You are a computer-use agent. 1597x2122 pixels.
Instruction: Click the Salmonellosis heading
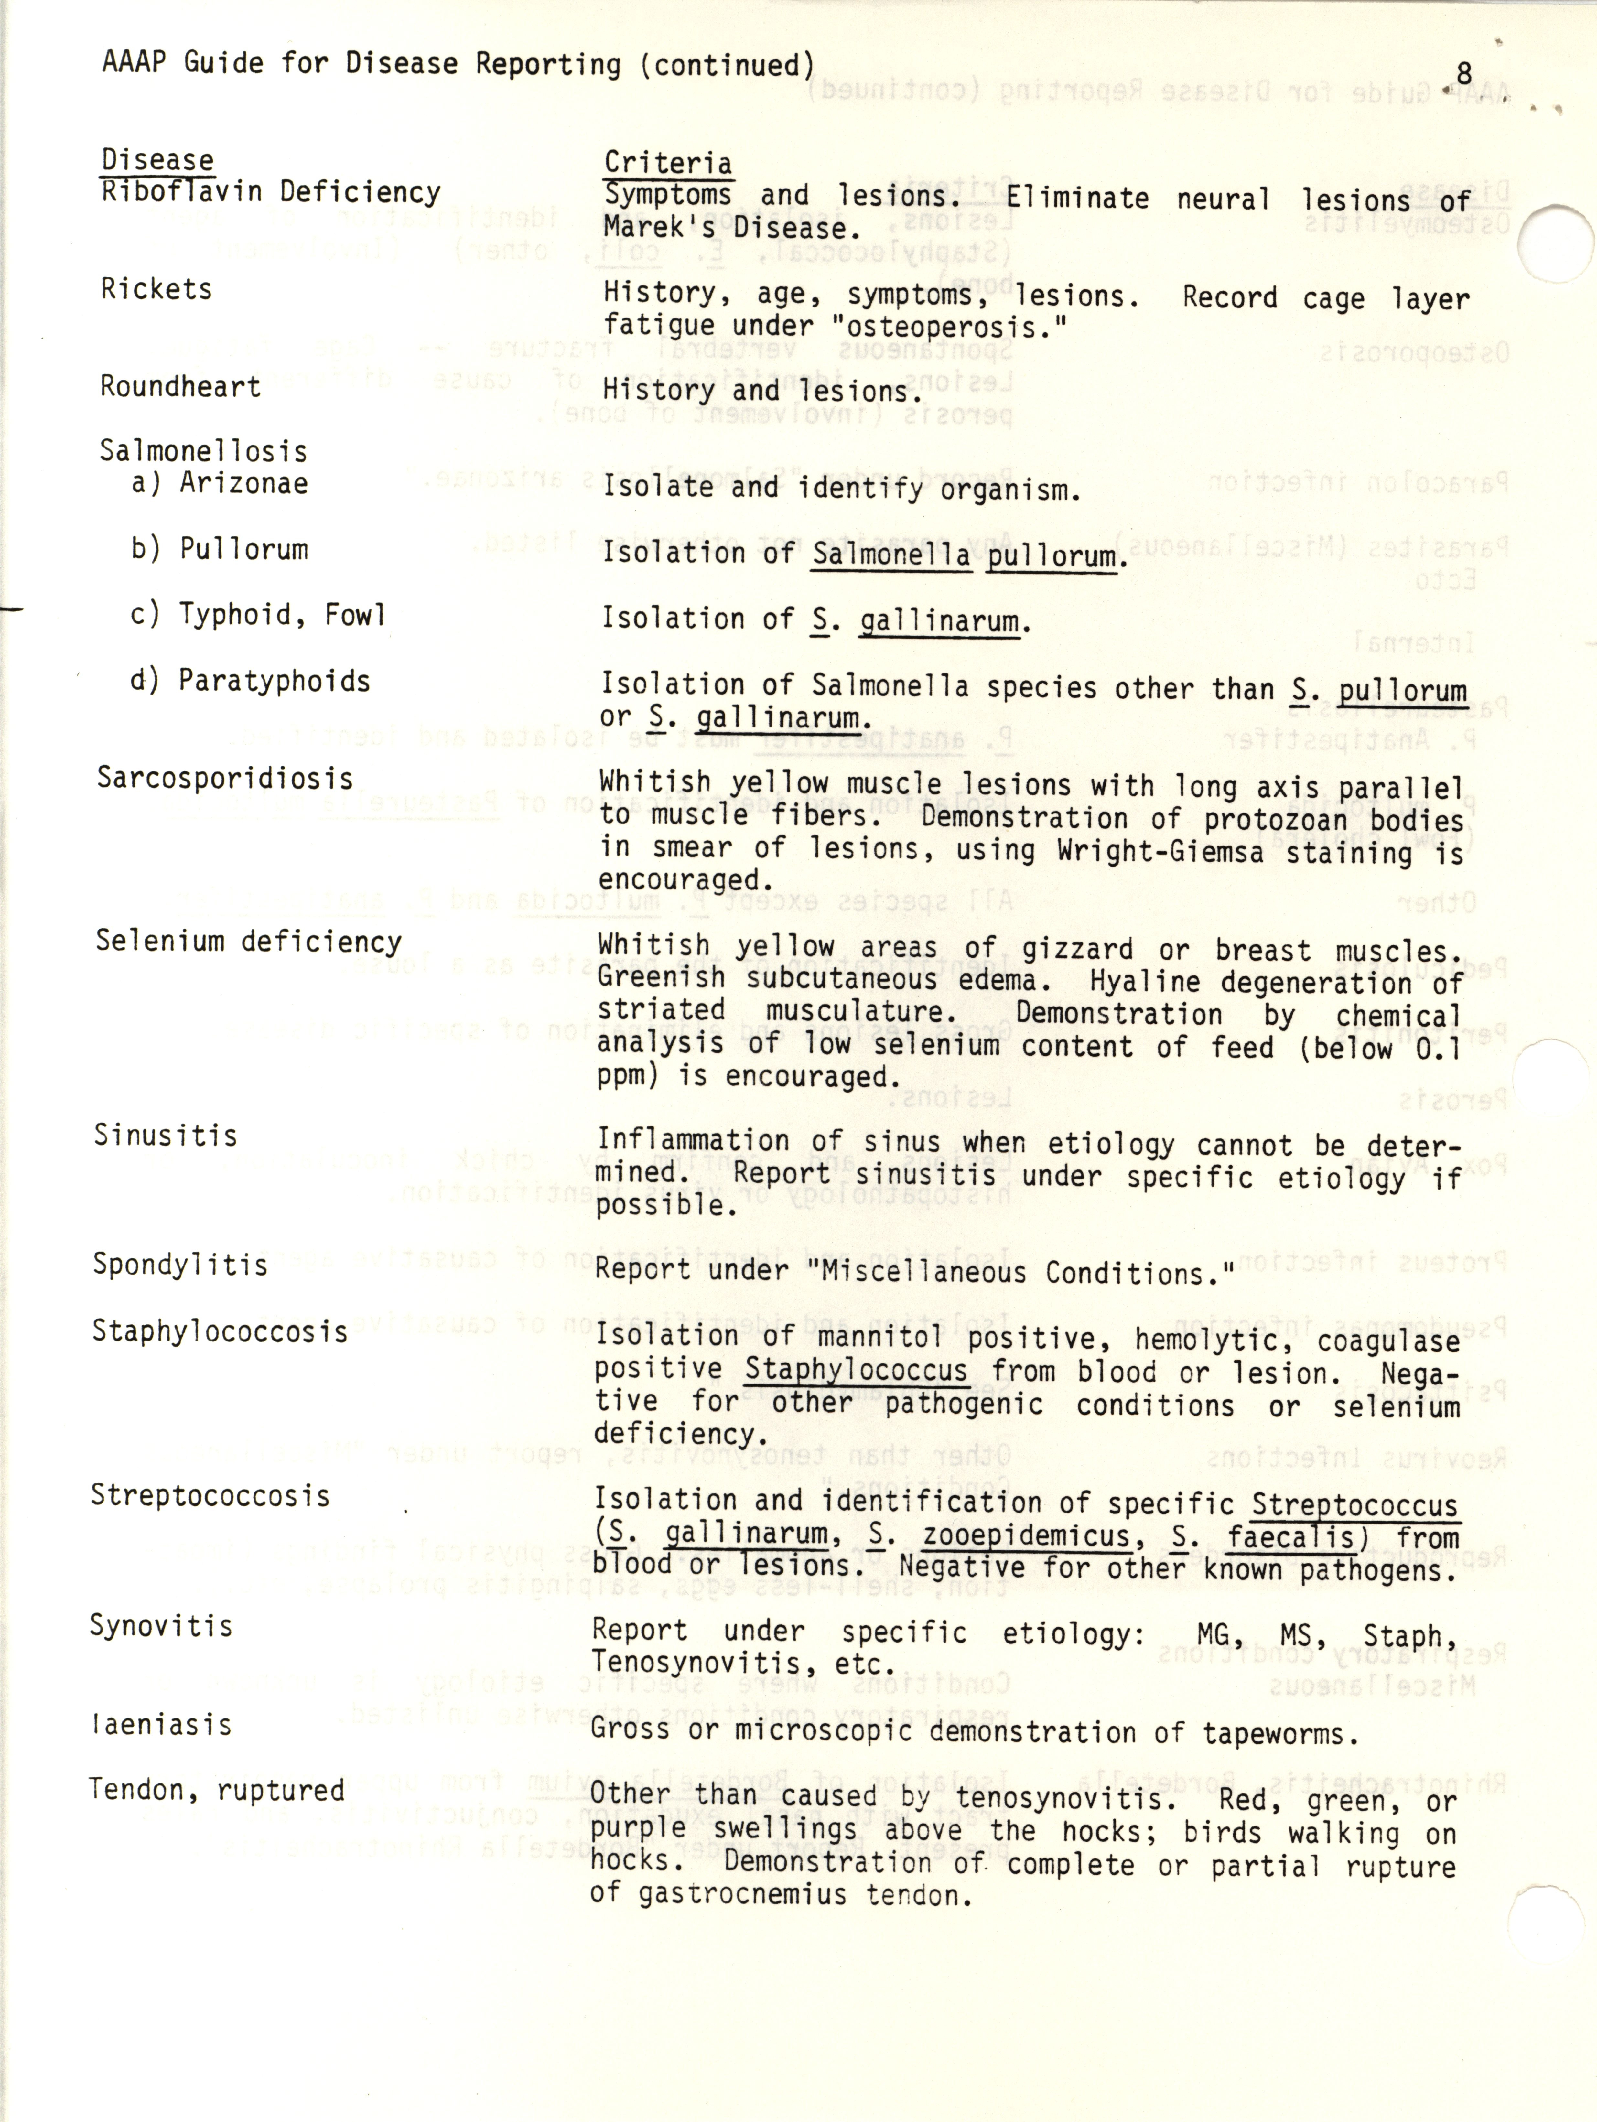[203, 451]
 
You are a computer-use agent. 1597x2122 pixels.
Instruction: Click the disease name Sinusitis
[165, 1136]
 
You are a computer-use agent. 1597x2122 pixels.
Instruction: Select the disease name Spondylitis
[179, 1265]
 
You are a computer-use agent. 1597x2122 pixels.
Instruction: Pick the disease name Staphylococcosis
[220, 1331]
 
